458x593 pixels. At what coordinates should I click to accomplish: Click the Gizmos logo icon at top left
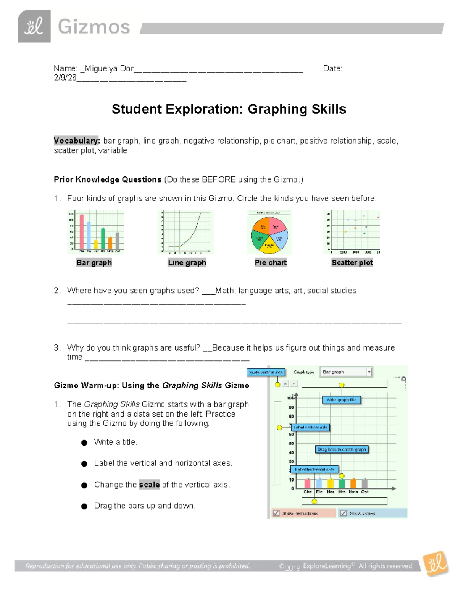point(34,26)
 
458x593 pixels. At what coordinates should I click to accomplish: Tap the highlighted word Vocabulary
point(77,141)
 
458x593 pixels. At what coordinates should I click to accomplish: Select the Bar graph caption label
point(94,263)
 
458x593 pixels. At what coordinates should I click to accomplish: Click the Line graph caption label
point(187,263)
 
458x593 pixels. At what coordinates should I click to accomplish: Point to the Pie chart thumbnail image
point(269,232)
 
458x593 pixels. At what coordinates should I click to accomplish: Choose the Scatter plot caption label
point(352,263)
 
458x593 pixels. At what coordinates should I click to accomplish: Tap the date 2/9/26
point(65,78)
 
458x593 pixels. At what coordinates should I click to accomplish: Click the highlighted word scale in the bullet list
point(149,485)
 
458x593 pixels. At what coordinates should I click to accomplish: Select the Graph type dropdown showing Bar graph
point(346,372)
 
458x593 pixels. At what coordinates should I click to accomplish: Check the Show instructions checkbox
point(276,513)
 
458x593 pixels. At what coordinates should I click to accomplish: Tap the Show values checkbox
point(343,513)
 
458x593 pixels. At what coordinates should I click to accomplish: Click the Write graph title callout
point(341,400)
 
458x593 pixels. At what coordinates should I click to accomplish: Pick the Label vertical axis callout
point(310,427)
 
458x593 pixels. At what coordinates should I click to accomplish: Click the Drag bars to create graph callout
point(342,449)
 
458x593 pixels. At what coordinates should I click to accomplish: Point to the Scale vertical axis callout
point(266,372)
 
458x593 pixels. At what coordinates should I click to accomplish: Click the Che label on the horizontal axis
point(307,492)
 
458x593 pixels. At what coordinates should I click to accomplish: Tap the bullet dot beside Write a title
point(84,443)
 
